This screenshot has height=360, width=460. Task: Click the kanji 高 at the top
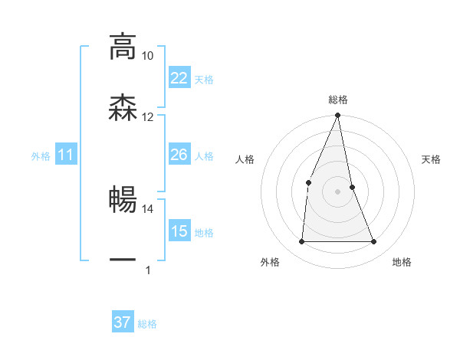point(123,46)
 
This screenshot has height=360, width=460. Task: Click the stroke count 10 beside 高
point(147,56)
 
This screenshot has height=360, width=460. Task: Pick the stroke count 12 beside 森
point(147,116)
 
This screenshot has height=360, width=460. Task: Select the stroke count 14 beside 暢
point(147,208)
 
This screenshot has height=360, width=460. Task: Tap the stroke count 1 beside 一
point(147,270)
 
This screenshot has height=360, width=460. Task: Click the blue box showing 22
point(179,77)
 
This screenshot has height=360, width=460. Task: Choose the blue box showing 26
point(179,155)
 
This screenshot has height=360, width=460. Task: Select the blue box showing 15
point(179,231)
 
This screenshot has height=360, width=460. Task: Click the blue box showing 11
point(66,155)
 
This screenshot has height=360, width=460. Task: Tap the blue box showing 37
point(122,322)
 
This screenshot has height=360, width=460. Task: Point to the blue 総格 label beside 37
point(147,324)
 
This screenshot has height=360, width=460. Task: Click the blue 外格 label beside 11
point(41,156)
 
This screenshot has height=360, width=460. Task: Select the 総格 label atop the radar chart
point(338,100)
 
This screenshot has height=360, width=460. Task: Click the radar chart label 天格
point(432,159)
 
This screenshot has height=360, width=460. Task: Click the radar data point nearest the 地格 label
point(374,242)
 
